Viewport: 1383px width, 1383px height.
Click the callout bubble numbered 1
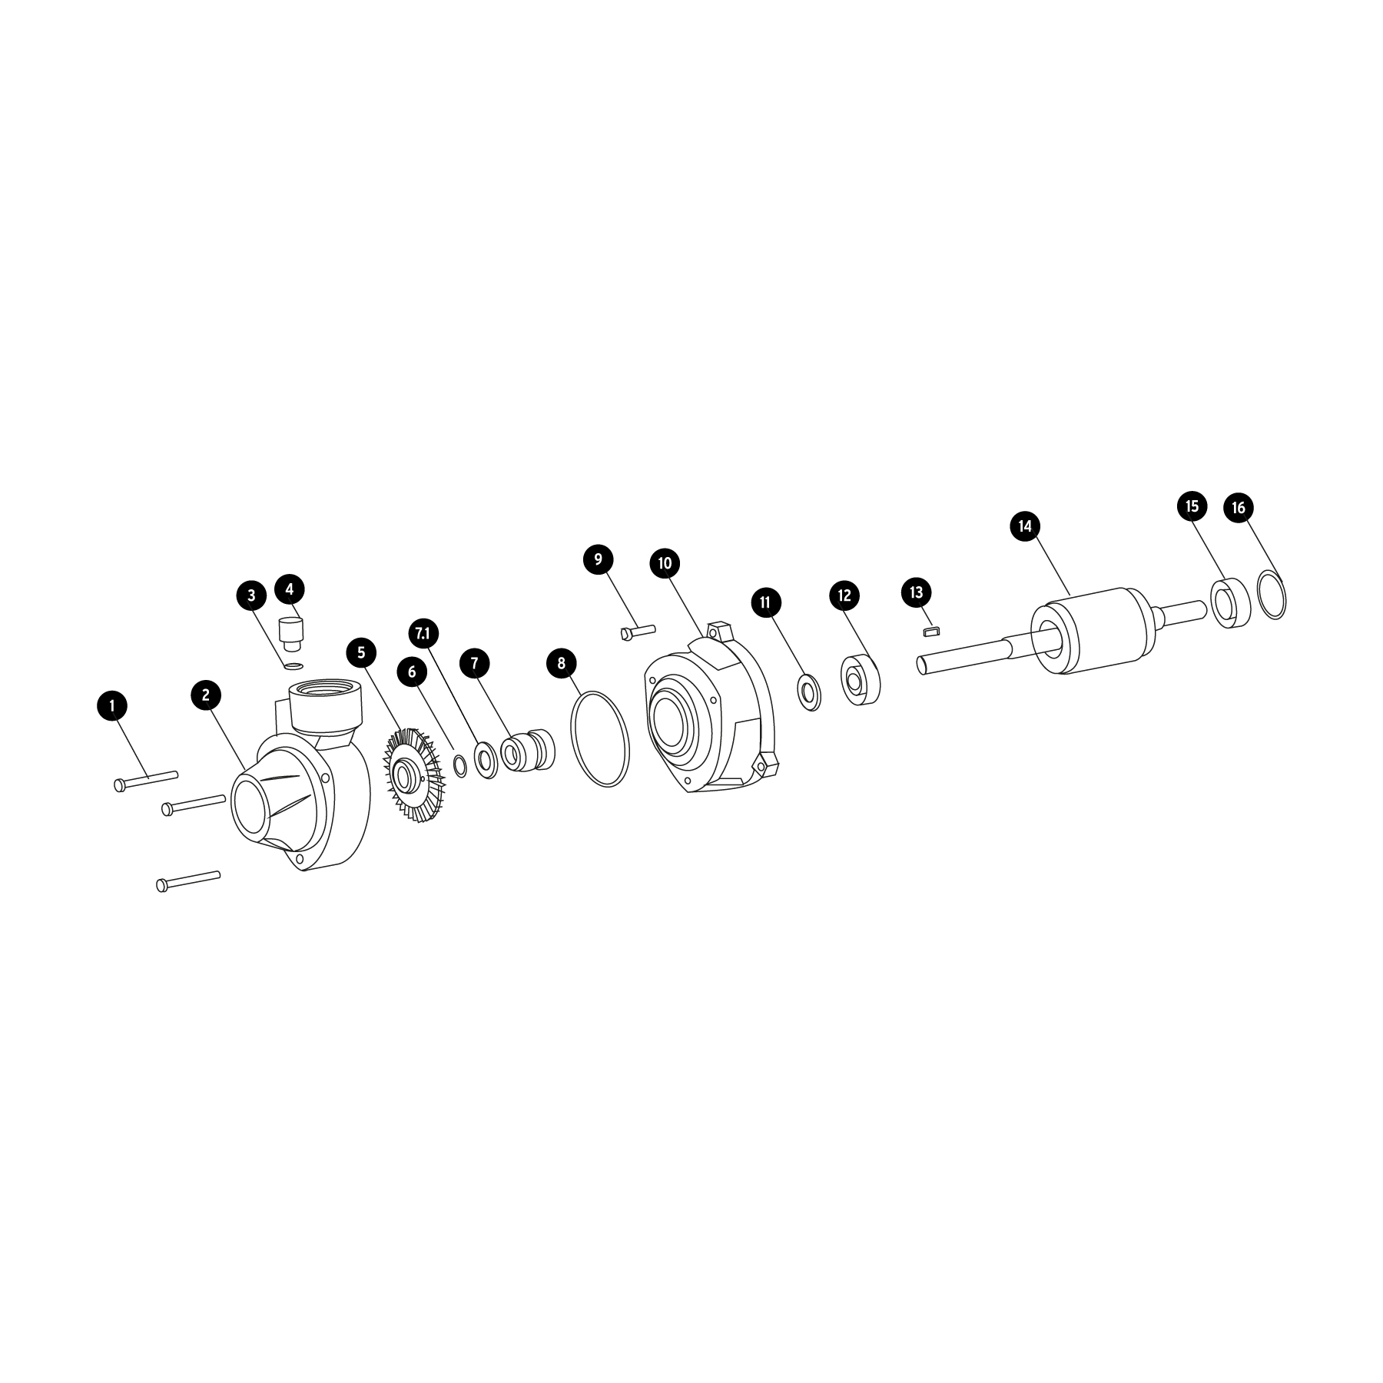113,705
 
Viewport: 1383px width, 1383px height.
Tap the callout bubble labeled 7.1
423,633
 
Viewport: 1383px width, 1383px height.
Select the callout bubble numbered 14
1025,526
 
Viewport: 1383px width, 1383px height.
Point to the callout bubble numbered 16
1239,508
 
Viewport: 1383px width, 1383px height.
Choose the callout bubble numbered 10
665,563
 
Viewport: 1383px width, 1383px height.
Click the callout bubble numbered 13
916,592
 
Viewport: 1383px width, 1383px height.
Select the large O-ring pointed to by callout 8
600,738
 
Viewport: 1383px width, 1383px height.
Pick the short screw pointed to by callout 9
637,632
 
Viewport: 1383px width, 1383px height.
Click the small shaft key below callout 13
930,632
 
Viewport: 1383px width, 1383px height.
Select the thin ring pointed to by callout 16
1272,594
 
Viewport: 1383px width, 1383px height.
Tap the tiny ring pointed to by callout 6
460,765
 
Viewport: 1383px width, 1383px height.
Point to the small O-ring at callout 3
293,665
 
